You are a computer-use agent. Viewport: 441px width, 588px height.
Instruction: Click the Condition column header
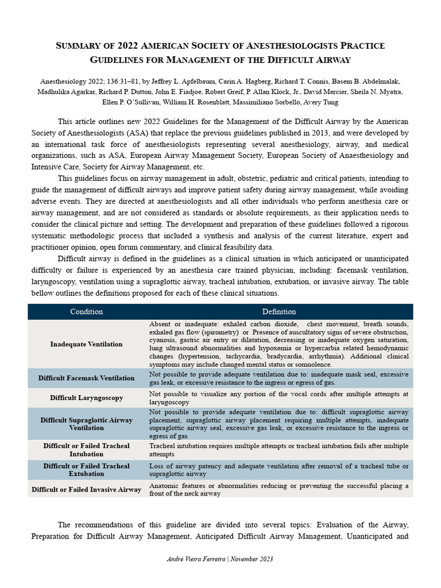(86, 312)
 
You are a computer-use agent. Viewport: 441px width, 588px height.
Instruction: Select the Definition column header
(279, 312)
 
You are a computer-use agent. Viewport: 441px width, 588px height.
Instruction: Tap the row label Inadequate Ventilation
(86, 344)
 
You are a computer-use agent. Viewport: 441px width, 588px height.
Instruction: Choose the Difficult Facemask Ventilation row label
(86, 378)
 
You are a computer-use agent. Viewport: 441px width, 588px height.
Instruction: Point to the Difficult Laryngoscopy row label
(86, 397)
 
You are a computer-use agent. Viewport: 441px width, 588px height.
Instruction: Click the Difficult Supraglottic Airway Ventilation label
(86, 424)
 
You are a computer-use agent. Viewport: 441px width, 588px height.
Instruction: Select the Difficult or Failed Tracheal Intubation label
(86, 450)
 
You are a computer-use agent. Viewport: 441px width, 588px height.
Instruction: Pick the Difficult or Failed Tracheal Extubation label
(86, 470)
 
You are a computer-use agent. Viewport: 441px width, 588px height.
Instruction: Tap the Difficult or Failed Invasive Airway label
(86, 489)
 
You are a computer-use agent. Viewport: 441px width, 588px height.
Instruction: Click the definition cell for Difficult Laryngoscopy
(279, 398)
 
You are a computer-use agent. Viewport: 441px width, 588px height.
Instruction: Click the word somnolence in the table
(319, 365)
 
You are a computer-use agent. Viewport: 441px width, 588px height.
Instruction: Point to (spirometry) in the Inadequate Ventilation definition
(218, 332)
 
